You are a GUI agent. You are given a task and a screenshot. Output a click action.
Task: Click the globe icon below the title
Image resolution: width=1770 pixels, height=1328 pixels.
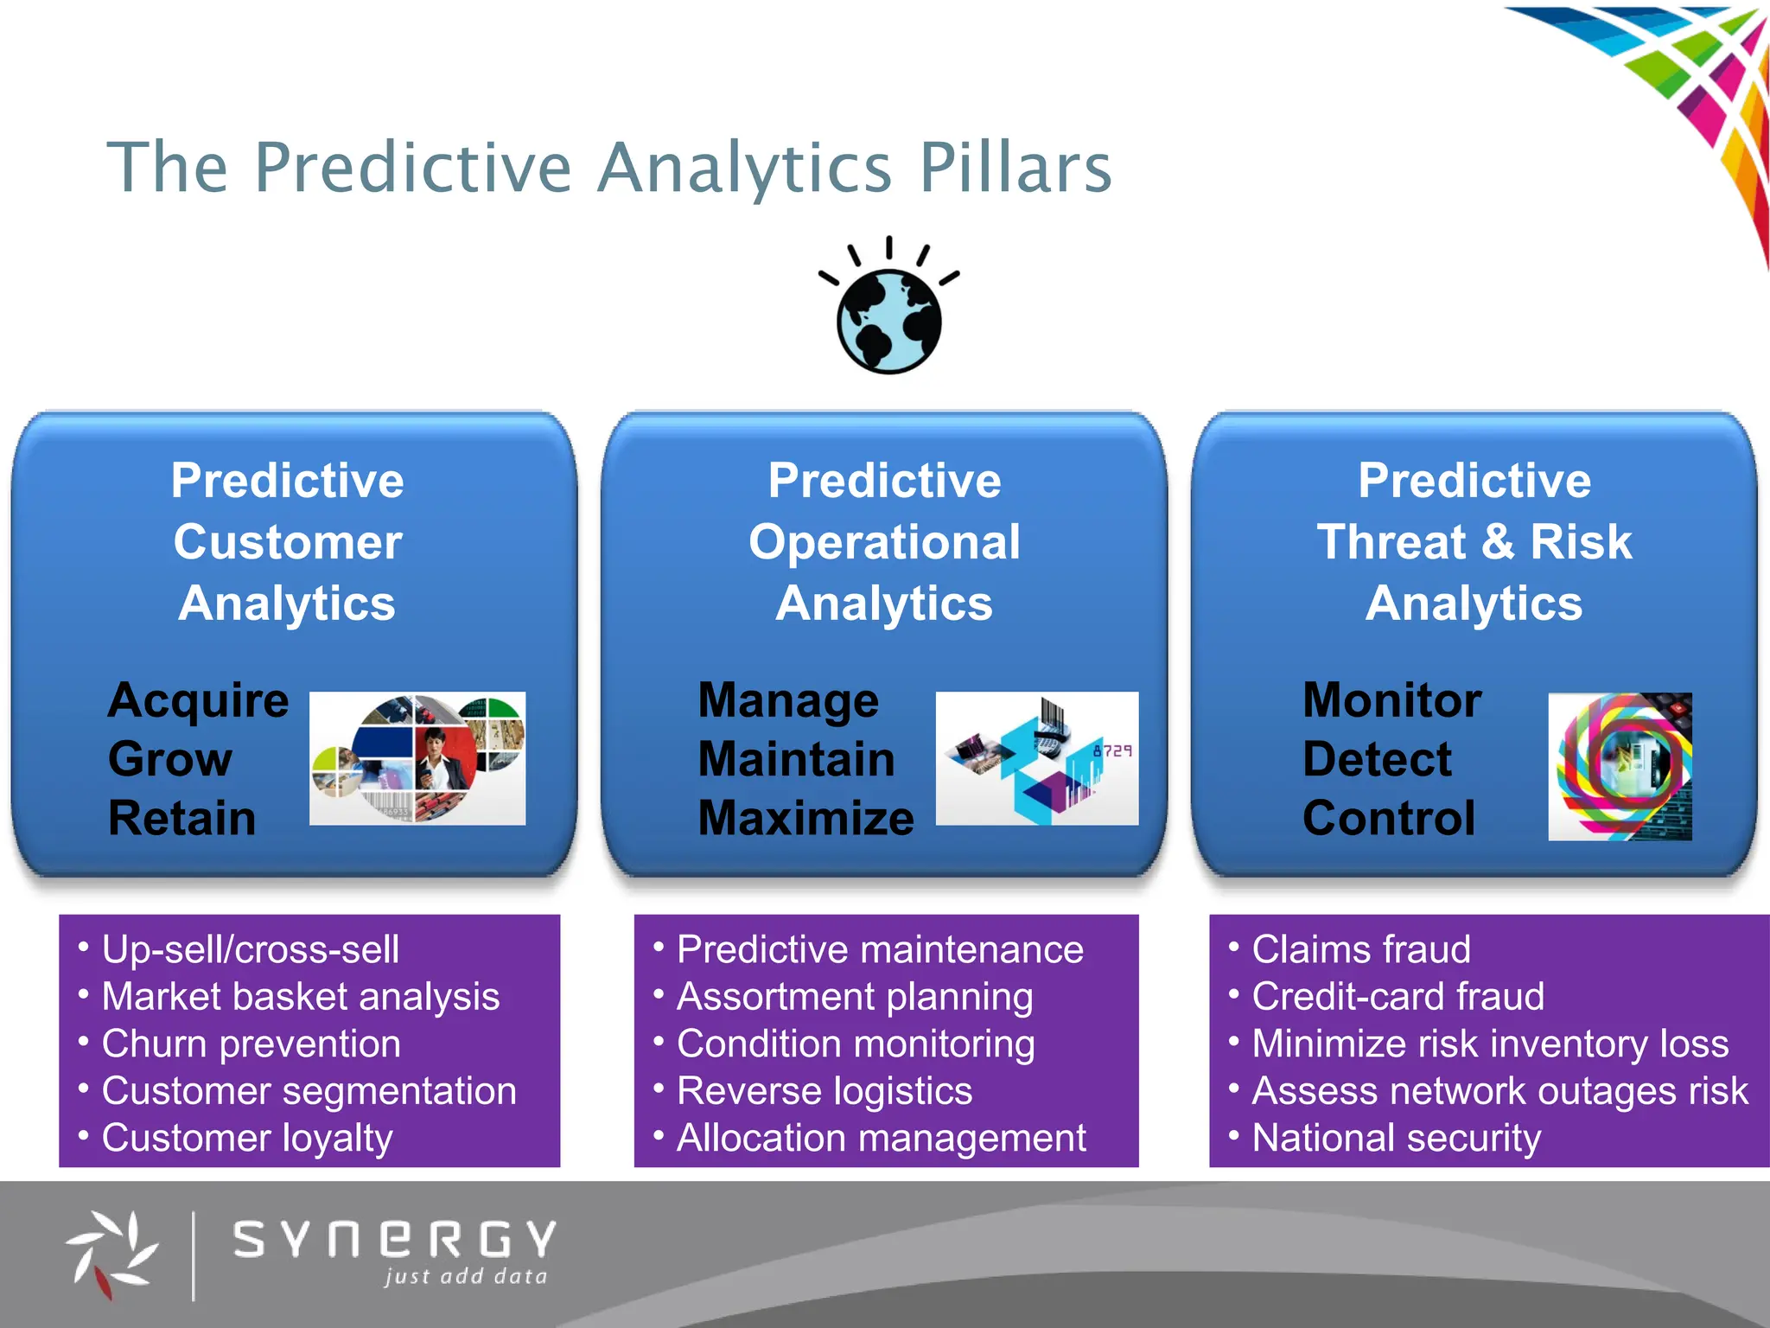[x=888, y=320]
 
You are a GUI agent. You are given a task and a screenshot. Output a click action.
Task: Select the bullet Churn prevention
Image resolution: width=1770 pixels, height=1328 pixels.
[x=251, y=1044]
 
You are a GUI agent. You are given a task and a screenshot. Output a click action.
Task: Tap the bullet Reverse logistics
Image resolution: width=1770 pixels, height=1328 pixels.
[x=824, y=1090]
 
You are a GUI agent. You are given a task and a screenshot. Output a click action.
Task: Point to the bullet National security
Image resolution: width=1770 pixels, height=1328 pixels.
[x=1396, y=1138]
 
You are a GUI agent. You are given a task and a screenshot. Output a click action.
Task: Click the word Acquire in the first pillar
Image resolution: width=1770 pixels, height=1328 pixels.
[x=198, y=699]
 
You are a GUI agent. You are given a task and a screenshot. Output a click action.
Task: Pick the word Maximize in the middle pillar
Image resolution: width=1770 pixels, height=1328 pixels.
[x=805, y=818]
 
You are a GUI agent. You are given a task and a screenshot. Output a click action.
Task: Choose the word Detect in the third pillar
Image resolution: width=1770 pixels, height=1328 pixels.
[x=1377, y=759]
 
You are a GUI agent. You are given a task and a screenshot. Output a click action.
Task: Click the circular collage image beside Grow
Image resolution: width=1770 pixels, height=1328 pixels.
[x=417, y=758]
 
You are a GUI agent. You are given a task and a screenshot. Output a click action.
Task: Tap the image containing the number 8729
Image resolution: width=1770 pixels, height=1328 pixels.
[x=1036, y=758]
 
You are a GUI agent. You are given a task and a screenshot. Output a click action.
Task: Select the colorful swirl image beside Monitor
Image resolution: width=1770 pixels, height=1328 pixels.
[x=1620, y=766]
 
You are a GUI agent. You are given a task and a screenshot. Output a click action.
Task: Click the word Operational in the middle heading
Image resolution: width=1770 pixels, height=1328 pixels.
[x=884, y=542]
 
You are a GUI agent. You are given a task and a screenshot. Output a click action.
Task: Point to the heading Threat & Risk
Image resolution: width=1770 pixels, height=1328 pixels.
[x=1474, y=542]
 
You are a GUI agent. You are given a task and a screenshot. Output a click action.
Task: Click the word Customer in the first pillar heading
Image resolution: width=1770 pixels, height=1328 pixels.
[x=287, y=542]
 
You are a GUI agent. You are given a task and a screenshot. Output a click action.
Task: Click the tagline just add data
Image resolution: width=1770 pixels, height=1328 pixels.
[x=466, y=1276]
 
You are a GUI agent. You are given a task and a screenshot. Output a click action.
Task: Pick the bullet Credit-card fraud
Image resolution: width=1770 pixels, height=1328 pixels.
[x=1398, y=996]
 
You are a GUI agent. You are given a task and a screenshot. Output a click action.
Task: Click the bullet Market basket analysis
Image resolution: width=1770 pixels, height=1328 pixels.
[x=300, y=996]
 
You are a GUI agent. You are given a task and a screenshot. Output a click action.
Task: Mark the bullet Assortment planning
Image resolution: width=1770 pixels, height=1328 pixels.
[x=854, y=996]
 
